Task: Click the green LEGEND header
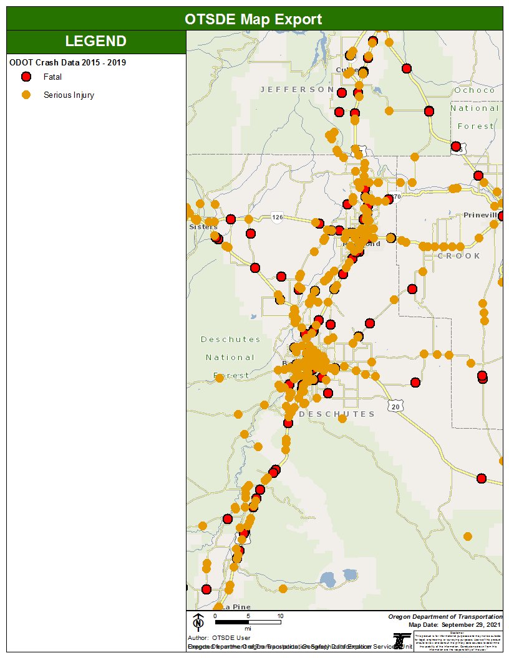click(x=95, y=42)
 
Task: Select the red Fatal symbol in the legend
click(x=26, y=77)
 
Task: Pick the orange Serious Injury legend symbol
click(x=26, y=95)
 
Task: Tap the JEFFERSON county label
click(x=296, y=90)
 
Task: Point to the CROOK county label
click(x=458, y=256)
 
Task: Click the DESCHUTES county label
click(x=337, y=414)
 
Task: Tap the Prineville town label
click(x=482, y=215)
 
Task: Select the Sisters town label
click(x=203, y=227)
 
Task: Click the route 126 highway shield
click(x=278, y=217)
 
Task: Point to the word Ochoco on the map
click(x=474, y=90)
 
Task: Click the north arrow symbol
click(x=198, y=621)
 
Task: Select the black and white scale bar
click(x=248, y=622)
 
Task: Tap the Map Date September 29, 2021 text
click(x=455, y=624)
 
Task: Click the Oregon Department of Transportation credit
click(x=445, y=616)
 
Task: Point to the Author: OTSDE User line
click(x=219, y=638)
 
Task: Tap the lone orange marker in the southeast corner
click(x=468, y=536)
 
